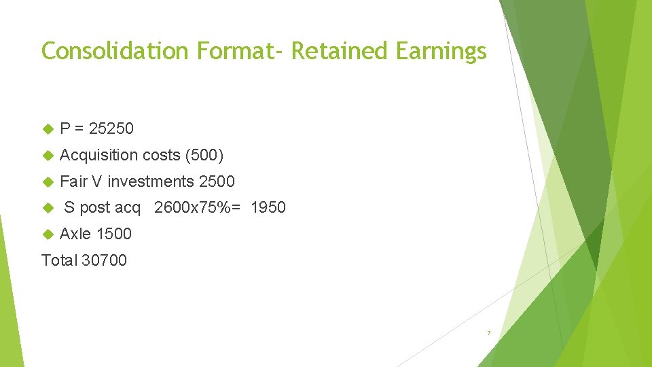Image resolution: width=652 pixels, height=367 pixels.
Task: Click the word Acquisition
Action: coord(98,155)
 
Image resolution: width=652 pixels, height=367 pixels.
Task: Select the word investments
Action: coord(151,181)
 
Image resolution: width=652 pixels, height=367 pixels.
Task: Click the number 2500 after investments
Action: coord(217,181)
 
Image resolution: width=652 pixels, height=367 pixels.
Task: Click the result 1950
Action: coord(268,207)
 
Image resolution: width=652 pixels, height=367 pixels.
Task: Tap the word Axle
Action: coord(75,234)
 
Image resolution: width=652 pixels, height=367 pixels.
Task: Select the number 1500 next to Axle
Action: coord(114,234)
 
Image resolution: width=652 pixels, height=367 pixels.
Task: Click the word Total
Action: coord(59,260)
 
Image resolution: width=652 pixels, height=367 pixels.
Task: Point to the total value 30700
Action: coord(104,260)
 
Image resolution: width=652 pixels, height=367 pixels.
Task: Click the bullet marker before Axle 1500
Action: coord(48,234)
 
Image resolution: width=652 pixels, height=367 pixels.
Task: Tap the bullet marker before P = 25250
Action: coord(48,128)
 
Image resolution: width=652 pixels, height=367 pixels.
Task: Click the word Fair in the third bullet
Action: coord(73,181)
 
